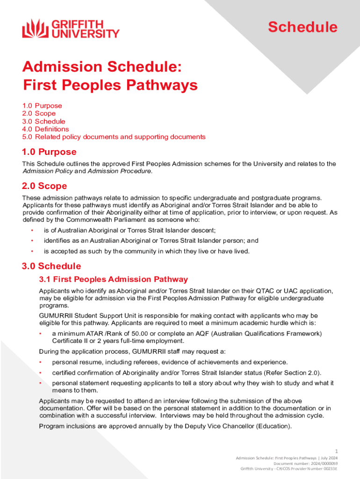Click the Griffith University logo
point(71,28)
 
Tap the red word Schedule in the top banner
point(302,27)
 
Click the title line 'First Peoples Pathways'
point(110,86)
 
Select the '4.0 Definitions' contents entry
point(45,129)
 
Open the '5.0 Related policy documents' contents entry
point(114,137)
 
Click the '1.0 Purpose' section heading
point(49,152)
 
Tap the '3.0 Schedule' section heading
point(51,266)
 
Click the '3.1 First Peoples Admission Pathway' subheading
point(114,279)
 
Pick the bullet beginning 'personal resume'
point(170,362)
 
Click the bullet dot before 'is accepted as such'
point(32,251)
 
